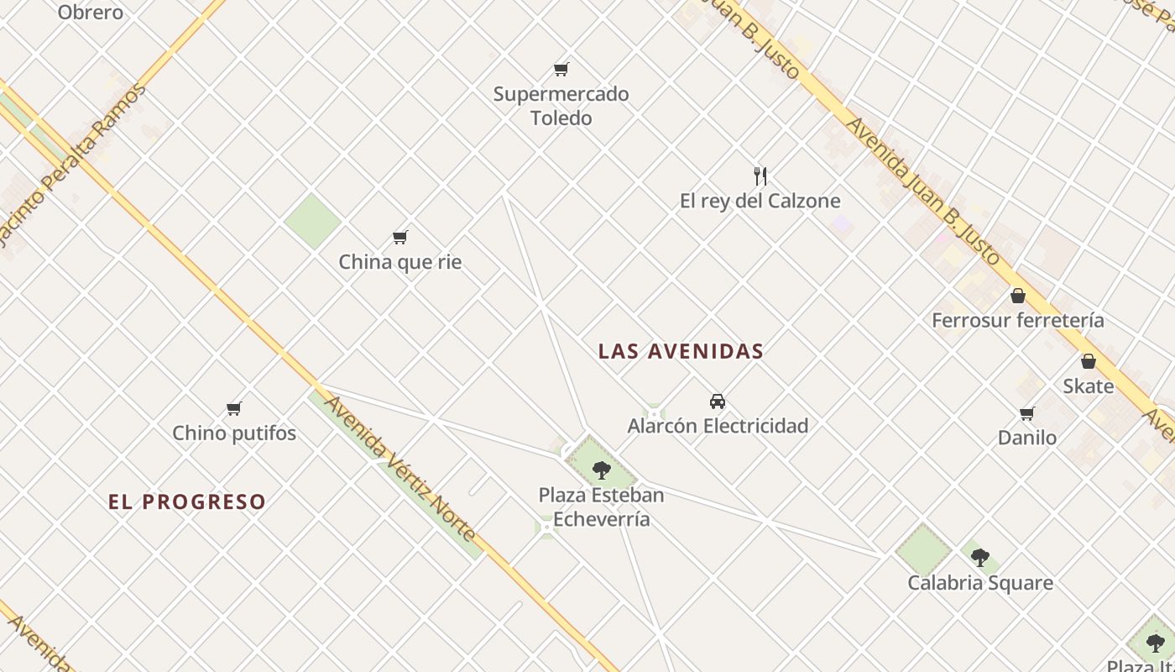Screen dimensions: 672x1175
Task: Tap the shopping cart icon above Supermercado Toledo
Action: tap(561, 69)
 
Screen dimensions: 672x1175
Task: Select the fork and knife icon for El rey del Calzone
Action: tap(760, 176)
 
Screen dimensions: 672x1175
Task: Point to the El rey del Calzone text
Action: tap(760, 201)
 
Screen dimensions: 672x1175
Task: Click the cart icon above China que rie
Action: tap(400, 238)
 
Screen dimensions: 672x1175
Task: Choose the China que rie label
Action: tap(400, 262)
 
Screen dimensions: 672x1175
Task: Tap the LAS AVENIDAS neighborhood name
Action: tap(681, 352)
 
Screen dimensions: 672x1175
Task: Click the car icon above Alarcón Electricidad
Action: tap(718, 402)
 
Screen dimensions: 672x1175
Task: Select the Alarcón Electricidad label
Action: tap(718, 426)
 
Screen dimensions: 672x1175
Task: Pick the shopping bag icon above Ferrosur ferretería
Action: tap(1018, 296)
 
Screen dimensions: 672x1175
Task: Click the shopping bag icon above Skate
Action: tap(1089, 361)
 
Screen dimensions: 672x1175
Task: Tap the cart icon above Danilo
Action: tap(1026, 413)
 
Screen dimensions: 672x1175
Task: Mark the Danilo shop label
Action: tap(1026, 438)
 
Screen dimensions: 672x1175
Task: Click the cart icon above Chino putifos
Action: tap(234, 409)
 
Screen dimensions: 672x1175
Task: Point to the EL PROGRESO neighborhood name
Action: tap(187, 502)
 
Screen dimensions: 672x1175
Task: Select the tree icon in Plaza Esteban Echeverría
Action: tap(601, 470)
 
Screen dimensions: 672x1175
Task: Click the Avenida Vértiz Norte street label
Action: tap(400, 469)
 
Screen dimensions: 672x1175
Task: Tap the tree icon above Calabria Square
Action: tap(980, 557)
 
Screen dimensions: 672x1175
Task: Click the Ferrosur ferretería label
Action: tap(1018, 320)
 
